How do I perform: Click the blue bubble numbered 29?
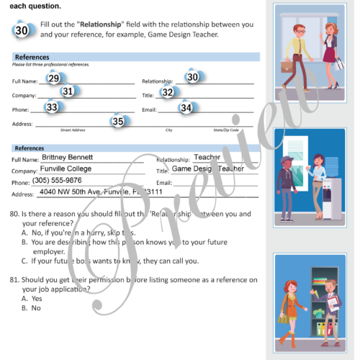53,78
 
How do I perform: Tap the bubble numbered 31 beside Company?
68,91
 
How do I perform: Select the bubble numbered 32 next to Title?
168,92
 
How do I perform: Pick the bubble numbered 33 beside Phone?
52,107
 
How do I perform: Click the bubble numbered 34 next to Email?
186,108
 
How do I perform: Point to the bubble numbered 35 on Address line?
118,122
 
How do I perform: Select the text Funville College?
71,168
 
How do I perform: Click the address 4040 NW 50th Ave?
79,193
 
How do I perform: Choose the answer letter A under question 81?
24,298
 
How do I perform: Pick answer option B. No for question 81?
30,307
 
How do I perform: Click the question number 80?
14,215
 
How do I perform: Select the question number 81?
14,279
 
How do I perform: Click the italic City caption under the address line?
168,130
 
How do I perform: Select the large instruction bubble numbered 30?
22,30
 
